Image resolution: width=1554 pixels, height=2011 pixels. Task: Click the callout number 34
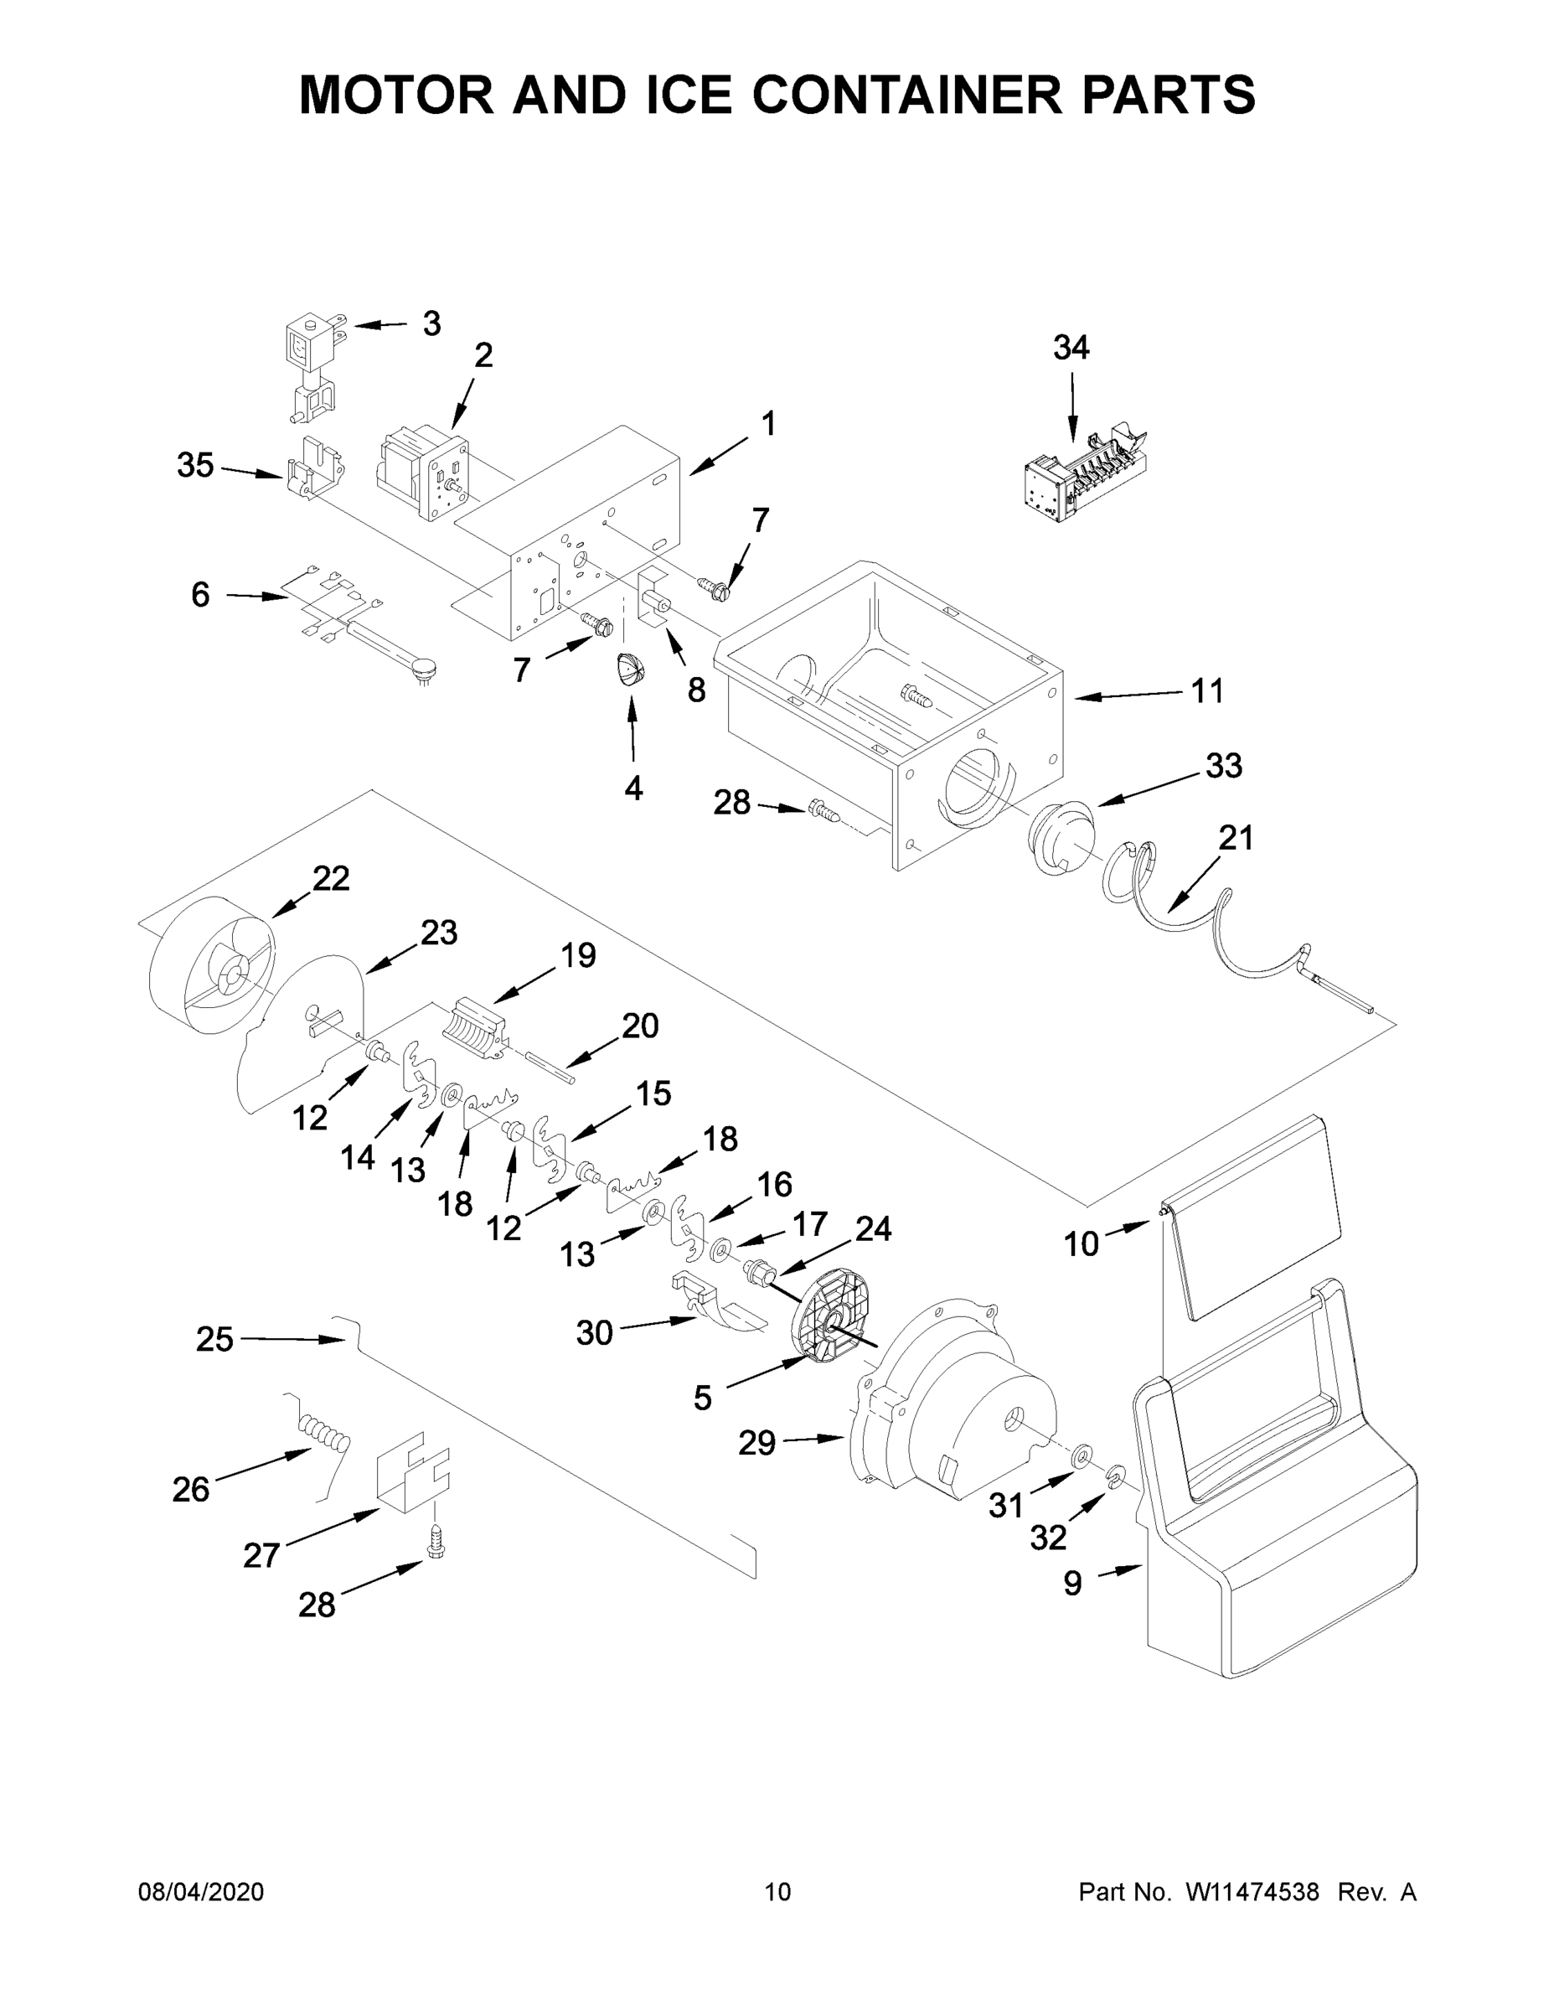coord(1071,347)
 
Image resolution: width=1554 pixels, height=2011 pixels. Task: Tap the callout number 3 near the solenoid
coord(431,323)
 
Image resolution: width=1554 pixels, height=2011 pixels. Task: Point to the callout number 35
coord(195,465)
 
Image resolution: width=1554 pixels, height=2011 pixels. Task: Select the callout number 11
coord(1207,690)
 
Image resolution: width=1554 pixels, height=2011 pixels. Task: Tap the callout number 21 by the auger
coord(1236,837)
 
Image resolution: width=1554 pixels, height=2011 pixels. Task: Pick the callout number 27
coord(261,1555)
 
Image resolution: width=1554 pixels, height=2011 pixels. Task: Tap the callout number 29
coord(756,1442)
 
